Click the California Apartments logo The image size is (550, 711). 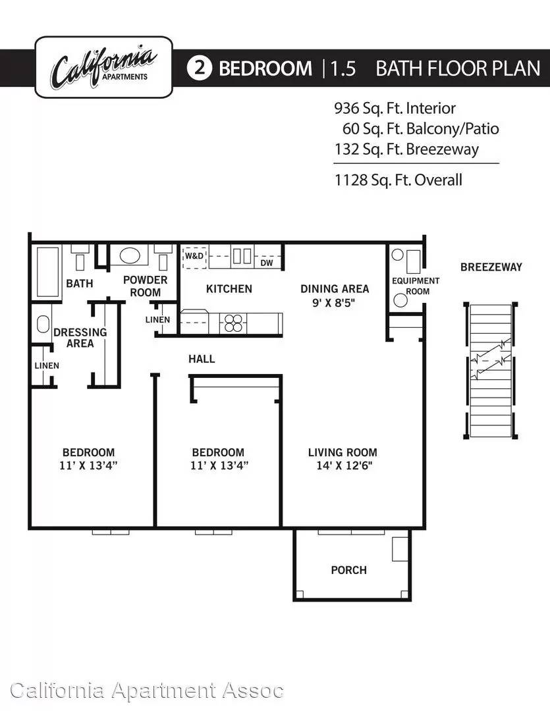coord(103,67)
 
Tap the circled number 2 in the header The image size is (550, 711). coord(199,68)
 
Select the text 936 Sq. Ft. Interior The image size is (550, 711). coord(395,109)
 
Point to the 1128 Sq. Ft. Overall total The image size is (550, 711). coord(399,180)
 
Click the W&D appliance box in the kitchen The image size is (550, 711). coord(194,256)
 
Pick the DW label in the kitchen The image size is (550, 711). coord(267,263)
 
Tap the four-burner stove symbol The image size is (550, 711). coord(233,323)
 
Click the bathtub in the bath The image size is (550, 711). coord(47,272)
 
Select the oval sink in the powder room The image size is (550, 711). coord(129,255)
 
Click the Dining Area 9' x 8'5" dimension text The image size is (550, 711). coord(334,302)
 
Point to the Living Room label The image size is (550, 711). coord(343,452)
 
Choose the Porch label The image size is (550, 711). coord(348,570)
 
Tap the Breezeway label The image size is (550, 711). coord(491,267)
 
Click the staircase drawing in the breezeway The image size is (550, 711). coord(491,371)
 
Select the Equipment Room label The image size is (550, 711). coord(416,286)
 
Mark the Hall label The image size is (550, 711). coord(202,359)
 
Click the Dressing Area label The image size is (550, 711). coord(80,338)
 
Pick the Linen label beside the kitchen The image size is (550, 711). coord(157,320)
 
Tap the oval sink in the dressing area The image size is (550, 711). coord(43,324)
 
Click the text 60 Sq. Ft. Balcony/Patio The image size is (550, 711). coord(421,129)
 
